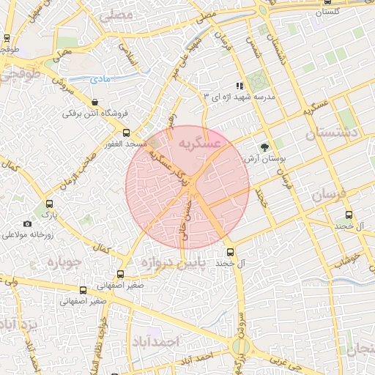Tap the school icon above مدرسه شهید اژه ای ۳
click(x=237, y=86)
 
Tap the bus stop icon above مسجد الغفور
click(x=127, y=133)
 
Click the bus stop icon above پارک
click(x=49, y=204)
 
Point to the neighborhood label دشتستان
click(x=333, y=133)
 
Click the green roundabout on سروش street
click(x=239, y=347)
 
